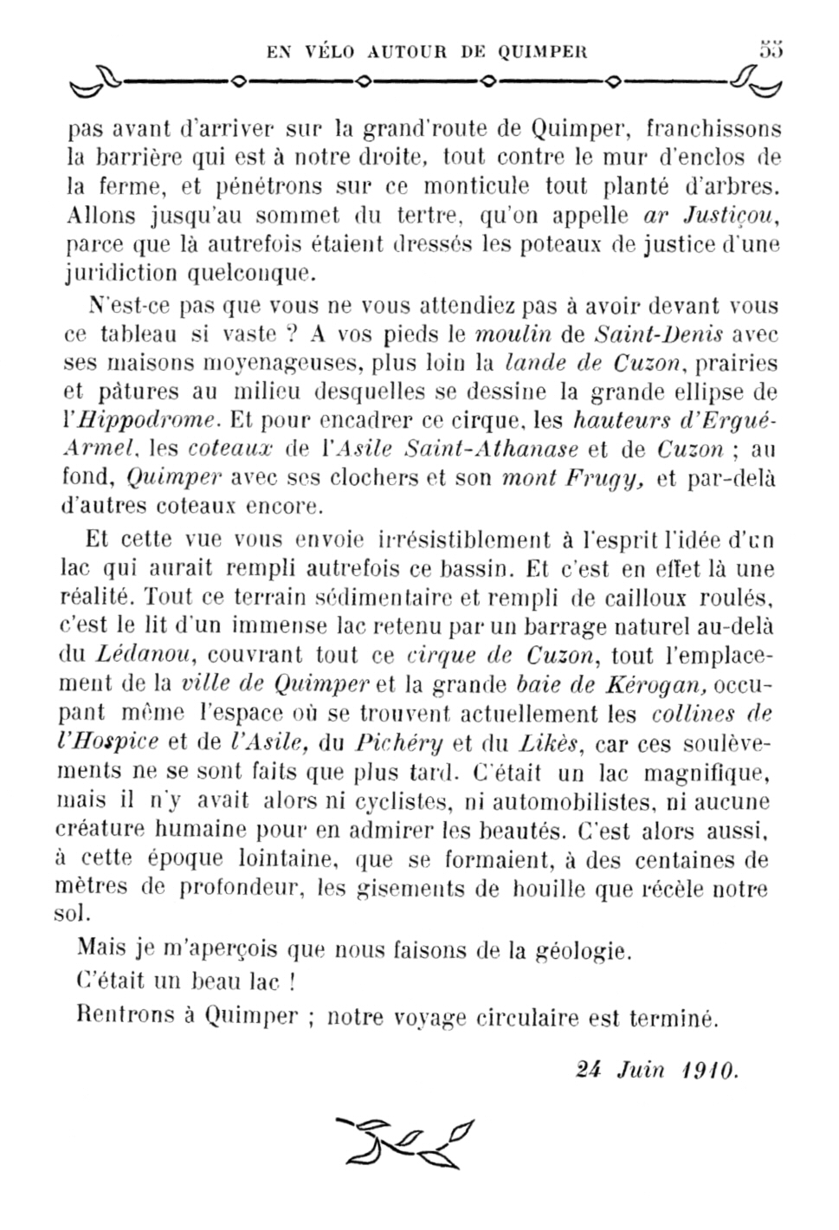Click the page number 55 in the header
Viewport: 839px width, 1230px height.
(771, 49)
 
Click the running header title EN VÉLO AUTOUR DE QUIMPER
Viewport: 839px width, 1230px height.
(427, 51)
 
